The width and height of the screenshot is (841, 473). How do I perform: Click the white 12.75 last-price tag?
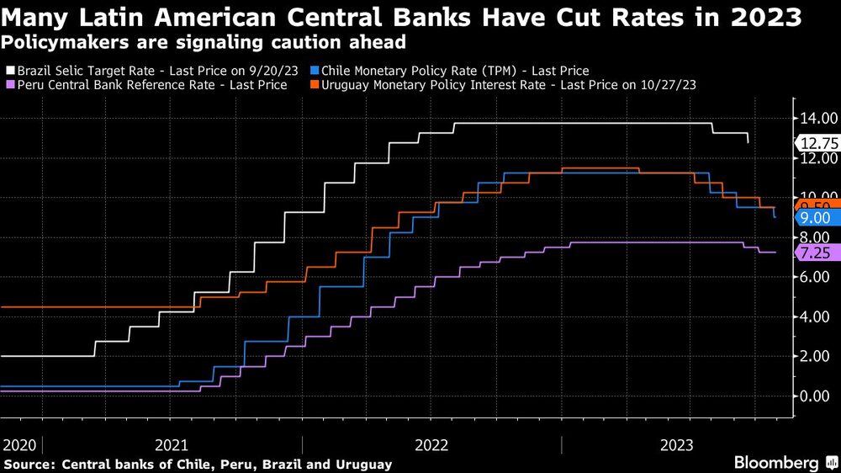click(816, 142)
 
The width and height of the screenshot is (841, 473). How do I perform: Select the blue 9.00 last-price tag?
click(816, 218)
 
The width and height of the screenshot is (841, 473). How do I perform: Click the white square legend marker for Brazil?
click(9, 72)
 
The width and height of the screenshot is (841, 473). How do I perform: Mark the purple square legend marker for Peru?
click(9, 85)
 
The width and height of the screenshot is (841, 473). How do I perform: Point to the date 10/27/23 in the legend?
click(665, 85)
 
